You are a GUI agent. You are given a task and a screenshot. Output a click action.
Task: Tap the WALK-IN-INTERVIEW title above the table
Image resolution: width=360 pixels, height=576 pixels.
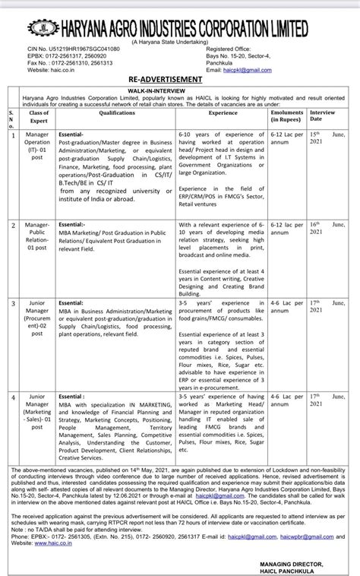tap(180, 90)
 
